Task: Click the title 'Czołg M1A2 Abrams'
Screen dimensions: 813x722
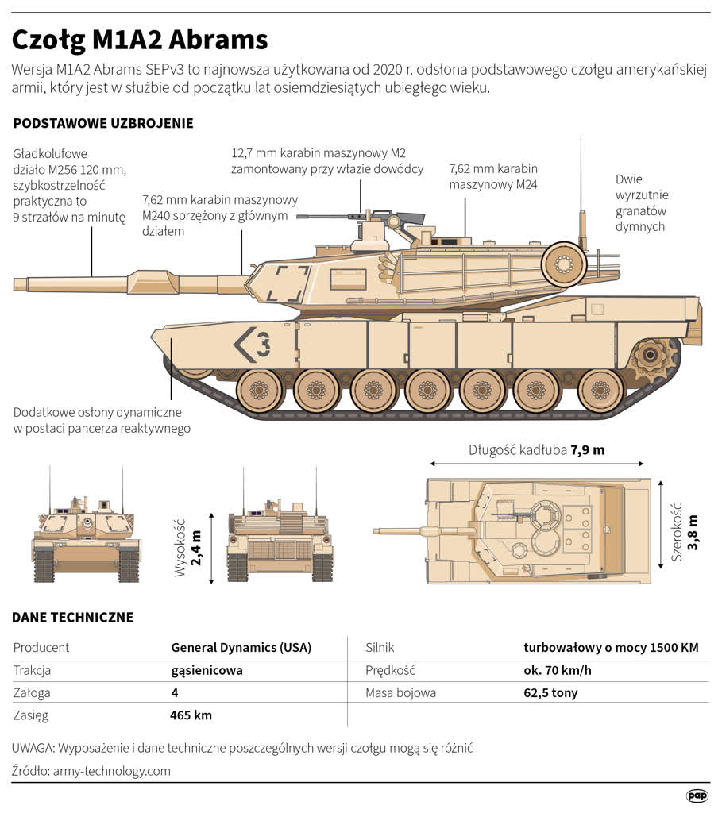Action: click(141, 39)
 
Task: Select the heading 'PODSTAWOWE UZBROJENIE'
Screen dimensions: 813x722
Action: click(103, 124)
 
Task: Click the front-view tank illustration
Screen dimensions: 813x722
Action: click(86, 531)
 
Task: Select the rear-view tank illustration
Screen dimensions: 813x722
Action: click(280, 531)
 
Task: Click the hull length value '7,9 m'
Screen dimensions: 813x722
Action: click(587, 450)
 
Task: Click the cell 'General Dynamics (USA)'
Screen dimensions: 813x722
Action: click(241, 647)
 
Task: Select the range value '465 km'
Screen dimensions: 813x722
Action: click(191, 715)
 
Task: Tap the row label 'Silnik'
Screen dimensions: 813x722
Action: click(380, 647)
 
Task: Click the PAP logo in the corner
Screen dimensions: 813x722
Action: click(697, 795)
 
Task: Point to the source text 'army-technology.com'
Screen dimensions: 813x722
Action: click(111, 771)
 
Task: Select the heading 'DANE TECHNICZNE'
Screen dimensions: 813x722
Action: click(73, 617)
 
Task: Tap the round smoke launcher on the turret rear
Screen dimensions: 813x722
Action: click(564, 261)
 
